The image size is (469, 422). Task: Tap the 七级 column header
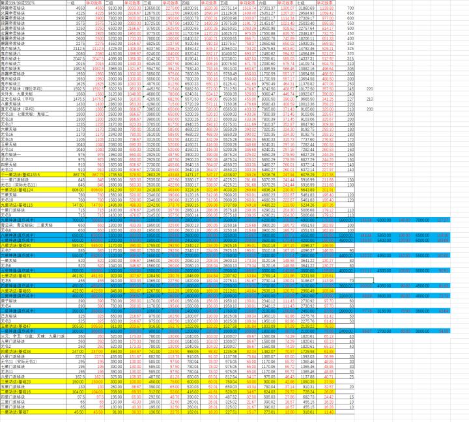(x=302, y=3)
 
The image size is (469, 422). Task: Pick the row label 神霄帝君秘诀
(x=12, y=8)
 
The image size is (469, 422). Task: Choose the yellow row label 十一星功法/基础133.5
(x=23, y=175)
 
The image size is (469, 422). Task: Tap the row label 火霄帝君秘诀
(x=12, y=13)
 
